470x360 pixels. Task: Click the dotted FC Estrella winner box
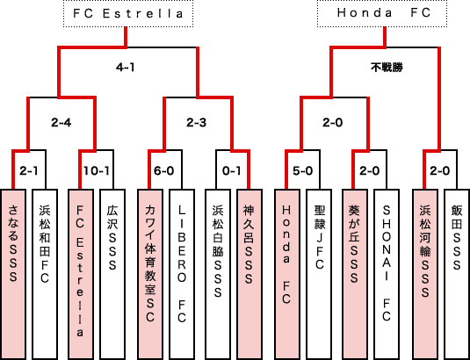click(x=128, y=13)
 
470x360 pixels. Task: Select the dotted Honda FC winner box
click(x=382, y=13)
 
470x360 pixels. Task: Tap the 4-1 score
click(x=126, y=68)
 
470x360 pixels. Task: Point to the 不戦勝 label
click(x=387, y=68)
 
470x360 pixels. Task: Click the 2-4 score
click(x=61, y=123)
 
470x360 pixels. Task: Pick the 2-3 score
click(x=196, y=123)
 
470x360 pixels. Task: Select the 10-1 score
click(x=97, y=170)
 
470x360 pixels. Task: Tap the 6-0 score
click(x=164, y=170)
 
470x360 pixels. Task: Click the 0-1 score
click(x=231, y=170)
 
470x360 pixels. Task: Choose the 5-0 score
click(x=303, y=170)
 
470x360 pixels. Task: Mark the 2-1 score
click(x=29, y=170)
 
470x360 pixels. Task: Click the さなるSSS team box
click(x=13, y=274)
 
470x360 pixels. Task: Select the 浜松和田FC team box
click(x=45, y=274)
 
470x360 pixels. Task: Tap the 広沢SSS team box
click(x=112, y=274)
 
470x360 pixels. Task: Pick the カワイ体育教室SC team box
click(x=150, y=274)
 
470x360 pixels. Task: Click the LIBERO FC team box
click(x=182, y=274)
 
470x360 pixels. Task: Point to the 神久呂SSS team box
click(x=249, y=274)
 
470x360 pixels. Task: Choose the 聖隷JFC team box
click(x=319, y=274)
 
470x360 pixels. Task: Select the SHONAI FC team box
click(x=387, y=274)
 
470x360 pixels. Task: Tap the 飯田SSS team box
click(x=457, y=274)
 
